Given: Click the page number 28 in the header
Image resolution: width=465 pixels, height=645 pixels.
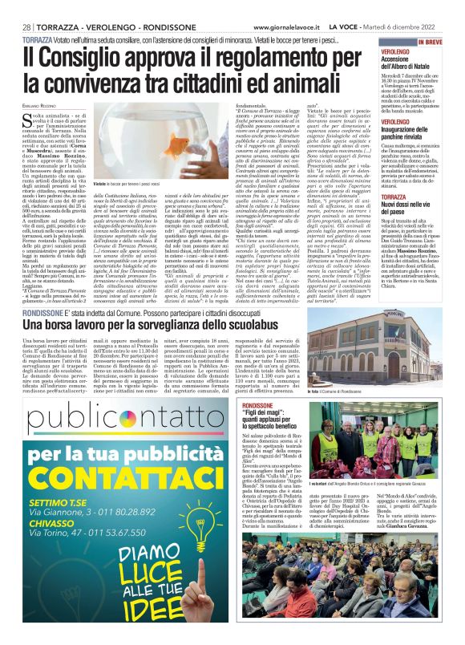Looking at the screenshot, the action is [26, 26].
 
